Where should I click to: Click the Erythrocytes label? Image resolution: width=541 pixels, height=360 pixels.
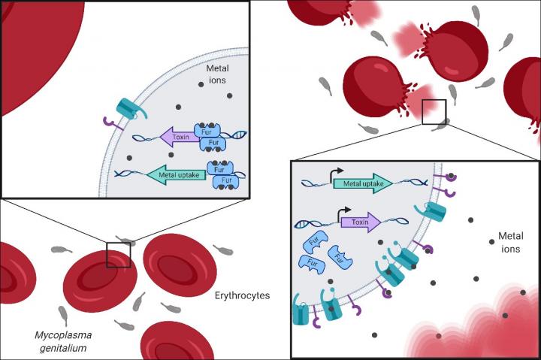[242, 296]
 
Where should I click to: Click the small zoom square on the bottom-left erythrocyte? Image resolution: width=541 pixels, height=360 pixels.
[119, 254]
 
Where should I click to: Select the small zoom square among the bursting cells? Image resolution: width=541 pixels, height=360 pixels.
[434, 111]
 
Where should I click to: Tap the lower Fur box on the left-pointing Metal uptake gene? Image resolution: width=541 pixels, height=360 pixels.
[225, 181]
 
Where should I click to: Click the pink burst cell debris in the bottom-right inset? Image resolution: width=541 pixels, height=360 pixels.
[481, 323]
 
